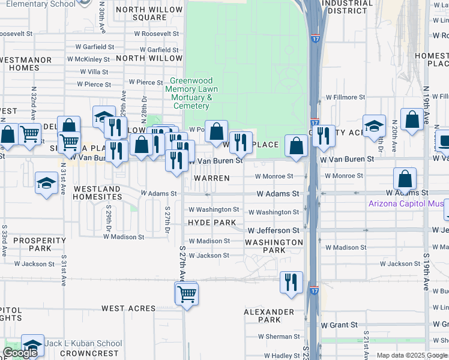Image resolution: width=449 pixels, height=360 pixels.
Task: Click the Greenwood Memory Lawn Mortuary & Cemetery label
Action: tap(191, 94)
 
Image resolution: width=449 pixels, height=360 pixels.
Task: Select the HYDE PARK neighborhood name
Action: tap(212, 223)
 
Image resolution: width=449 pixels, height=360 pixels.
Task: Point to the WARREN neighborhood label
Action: tap(211, 179)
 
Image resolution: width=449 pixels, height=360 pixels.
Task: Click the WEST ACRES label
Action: tap(128, 308)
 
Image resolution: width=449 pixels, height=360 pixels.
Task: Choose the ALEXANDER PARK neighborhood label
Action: tap(269, 316)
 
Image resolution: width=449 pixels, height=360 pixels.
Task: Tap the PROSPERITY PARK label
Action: tap(31, 244)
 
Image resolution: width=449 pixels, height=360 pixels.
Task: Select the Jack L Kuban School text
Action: tap(83, 344)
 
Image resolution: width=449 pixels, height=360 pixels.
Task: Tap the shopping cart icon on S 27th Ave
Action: tap(187, 294)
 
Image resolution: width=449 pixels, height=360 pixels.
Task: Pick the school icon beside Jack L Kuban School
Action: tap(33, 345)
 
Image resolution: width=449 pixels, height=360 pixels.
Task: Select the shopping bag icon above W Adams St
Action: tap(405, 178)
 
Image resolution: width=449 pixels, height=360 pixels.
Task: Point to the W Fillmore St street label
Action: tap(345, 97)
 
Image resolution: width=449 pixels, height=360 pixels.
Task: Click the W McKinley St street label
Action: tap(88, 59)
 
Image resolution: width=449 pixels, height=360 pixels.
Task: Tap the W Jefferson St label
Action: tap(274, 230)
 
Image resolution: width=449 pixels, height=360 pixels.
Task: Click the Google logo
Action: tap(20, 353)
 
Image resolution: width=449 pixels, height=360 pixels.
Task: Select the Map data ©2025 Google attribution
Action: tap(412, 355)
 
